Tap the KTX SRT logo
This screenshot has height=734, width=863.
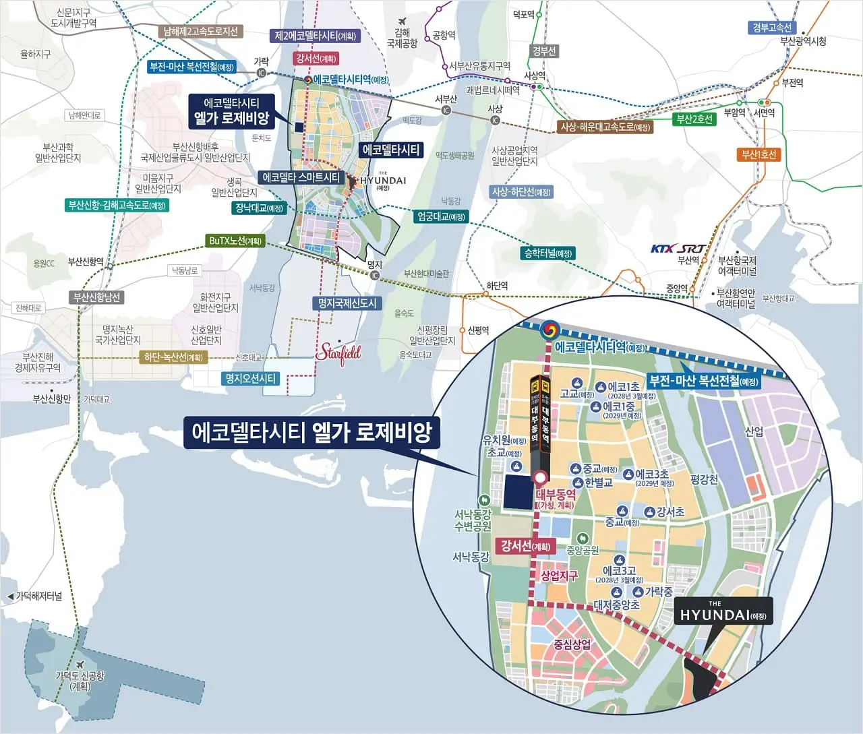(x=677, y=249)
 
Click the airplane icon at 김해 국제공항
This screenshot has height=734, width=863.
(x=403, y=21)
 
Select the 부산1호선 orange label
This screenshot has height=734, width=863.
(x=759, y=154)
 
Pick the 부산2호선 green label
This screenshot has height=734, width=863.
(x=694, y=119)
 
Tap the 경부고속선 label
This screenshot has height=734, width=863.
(x=772, y=28)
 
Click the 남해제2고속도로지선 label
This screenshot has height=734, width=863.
(x=200, y=32)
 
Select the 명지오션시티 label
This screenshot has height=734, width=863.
(x=250, y=379)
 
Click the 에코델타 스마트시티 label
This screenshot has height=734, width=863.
(x=301, y=178)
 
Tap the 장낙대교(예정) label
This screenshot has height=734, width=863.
(x=259, y=208)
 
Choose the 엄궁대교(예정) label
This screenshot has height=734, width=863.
(x=441, y=217)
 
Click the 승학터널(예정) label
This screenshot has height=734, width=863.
(x=547, y=253)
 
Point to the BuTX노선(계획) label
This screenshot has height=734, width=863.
(x=235, y=241)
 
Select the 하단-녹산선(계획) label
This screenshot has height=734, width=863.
(x=173, y=357)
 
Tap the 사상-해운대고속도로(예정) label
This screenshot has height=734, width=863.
(x=605, y=127)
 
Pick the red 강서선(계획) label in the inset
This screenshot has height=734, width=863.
(x=525, y=546)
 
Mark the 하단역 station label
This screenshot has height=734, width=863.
(x=497, y=286)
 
